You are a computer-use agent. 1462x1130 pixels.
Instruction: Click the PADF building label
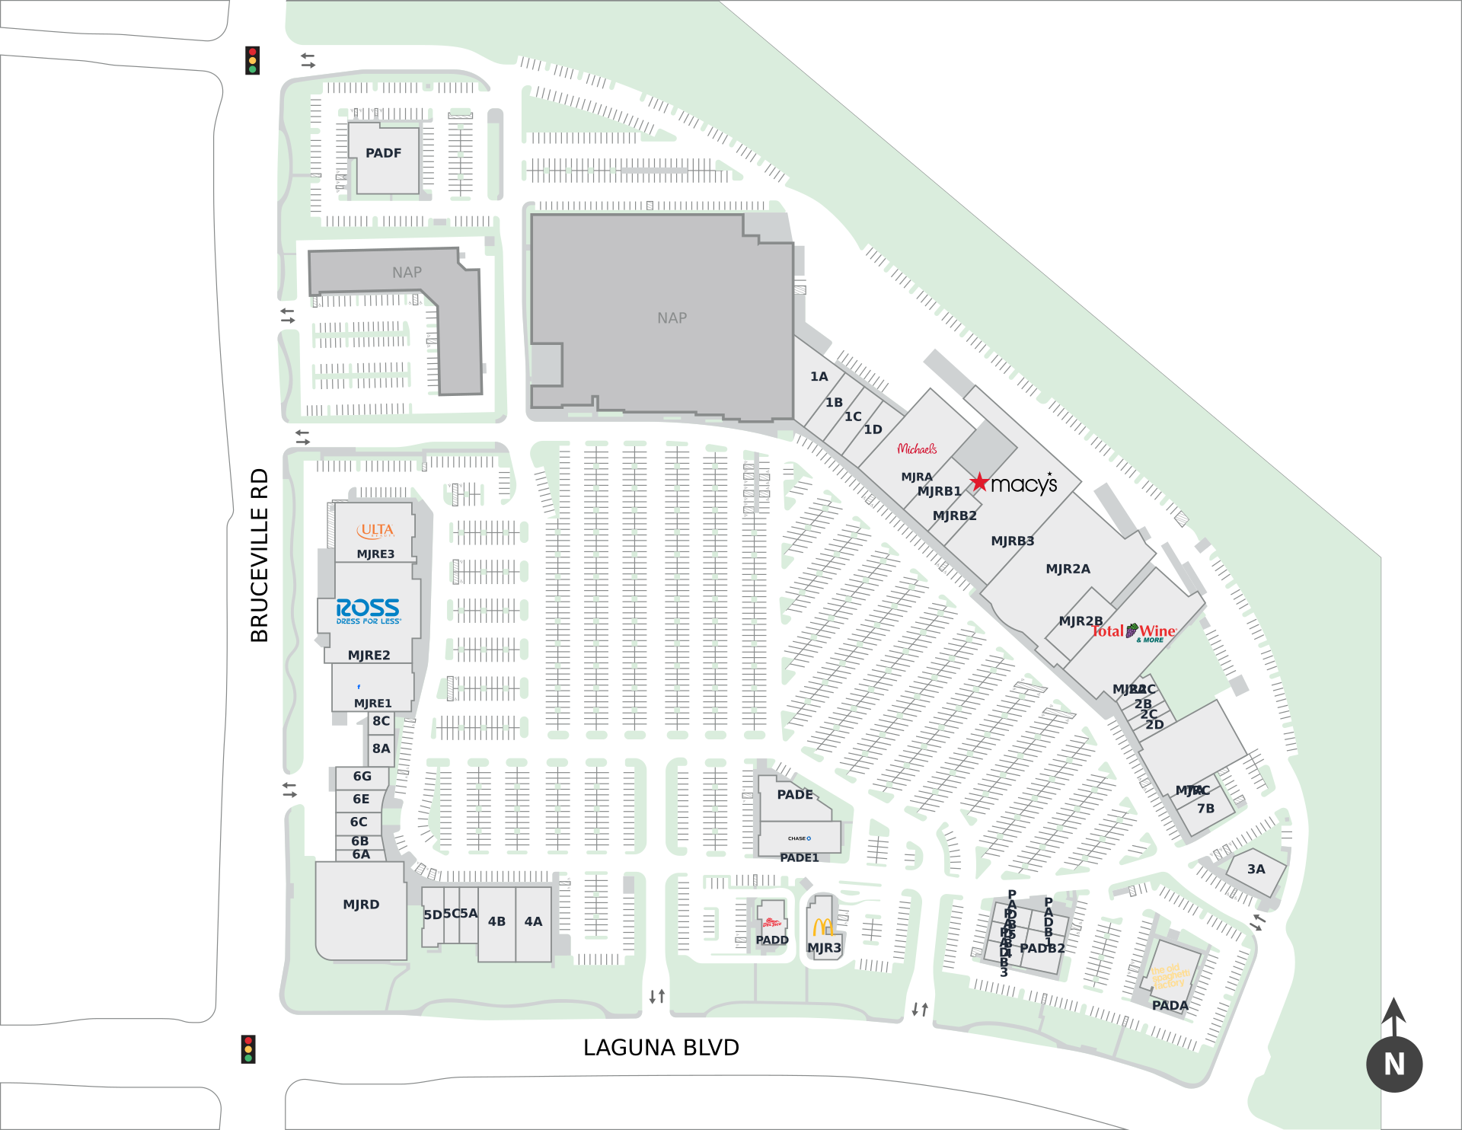(383, 153)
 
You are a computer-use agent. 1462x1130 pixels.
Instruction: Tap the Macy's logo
(1015, 484)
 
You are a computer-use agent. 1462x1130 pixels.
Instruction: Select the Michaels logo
(917, 449)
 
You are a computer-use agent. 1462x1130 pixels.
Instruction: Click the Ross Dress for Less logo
(369, 611)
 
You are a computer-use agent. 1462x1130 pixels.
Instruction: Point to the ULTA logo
(376, 530)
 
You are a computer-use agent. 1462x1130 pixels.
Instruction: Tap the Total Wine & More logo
(1135, 632)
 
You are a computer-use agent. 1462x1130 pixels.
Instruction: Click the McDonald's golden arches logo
(822, 927)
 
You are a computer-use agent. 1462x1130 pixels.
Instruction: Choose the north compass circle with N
(1394, 1064)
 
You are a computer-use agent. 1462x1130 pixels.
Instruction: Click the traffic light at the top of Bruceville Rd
(253, 61)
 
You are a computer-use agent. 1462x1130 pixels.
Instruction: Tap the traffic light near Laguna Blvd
(248, 1049)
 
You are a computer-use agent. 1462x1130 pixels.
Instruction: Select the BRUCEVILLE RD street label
(260, 555)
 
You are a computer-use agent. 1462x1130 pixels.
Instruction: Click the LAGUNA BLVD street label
(661, 1048)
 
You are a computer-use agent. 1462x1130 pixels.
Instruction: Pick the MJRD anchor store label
(361, 905)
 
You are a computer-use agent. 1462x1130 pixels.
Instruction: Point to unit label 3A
(1256, 869)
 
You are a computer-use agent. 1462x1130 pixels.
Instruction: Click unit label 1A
(819, 376)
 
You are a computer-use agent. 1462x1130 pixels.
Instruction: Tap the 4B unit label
(496, 921)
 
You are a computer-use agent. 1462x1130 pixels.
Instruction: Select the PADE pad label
(795, 794)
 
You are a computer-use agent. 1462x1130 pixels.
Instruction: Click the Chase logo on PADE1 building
(800, 838)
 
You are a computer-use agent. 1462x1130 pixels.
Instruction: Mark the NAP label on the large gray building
(672, 318)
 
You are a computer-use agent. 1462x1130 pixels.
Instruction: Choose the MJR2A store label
(1068, 569)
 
